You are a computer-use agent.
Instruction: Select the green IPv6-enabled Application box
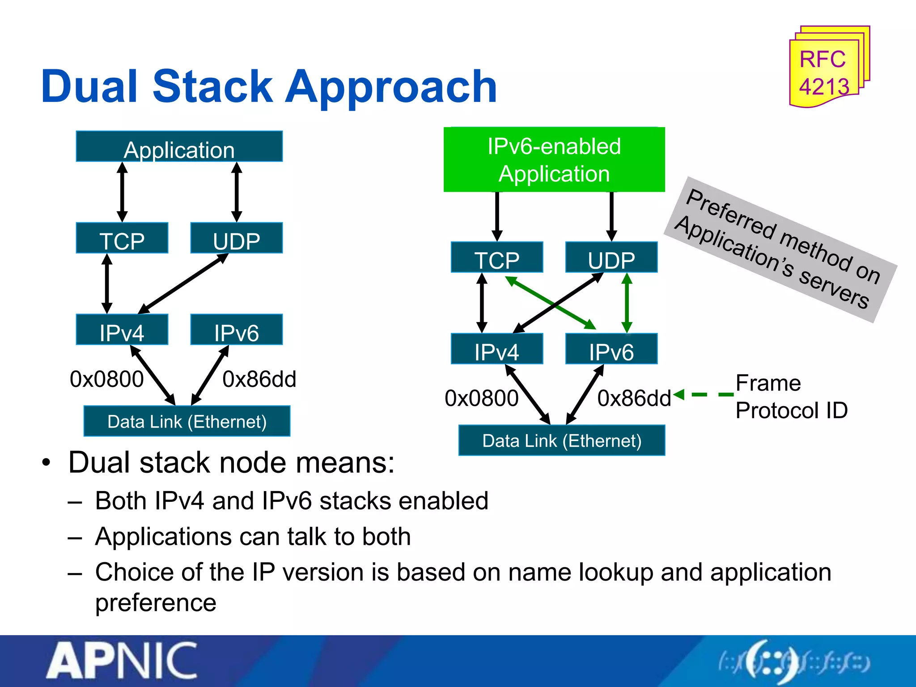tap(554, 160)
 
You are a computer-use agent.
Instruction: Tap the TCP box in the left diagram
tap(122, 238)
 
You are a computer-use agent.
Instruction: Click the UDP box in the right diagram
tap(611, 258)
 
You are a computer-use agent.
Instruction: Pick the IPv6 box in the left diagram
tap(236, 330)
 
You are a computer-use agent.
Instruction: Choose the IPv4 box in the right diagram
tap(496, 349)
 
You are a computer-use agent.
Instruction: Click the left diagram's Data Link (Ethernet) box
tap(187, 421)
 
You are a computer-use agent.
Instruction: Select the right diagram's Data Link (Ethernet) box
tap(561, 441)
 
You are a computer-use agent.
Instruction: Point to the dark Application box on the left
tap(179, 147)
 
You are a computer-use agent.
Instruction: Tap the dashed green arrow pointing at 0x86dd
tap(704, 394)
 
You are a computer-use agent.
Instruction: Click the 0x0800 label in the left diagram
tap(106, 379)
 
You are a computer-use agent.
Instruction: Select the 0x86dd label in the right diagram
tap(634, 398)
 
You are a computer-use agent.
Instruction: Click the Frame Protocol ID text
tap(791, 397)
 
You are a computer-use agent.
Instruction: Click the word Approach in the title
tap(391, 87)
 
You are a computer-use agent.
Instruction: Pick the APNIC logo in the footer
tap(122, 661)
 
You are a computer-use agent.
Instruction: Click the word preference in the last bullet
tap(156, 603)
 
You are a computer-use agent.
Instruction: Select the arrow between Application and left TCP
tap(122, 192)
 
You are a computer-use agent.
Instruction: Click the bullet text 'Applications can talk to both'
tap(253, 537)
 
